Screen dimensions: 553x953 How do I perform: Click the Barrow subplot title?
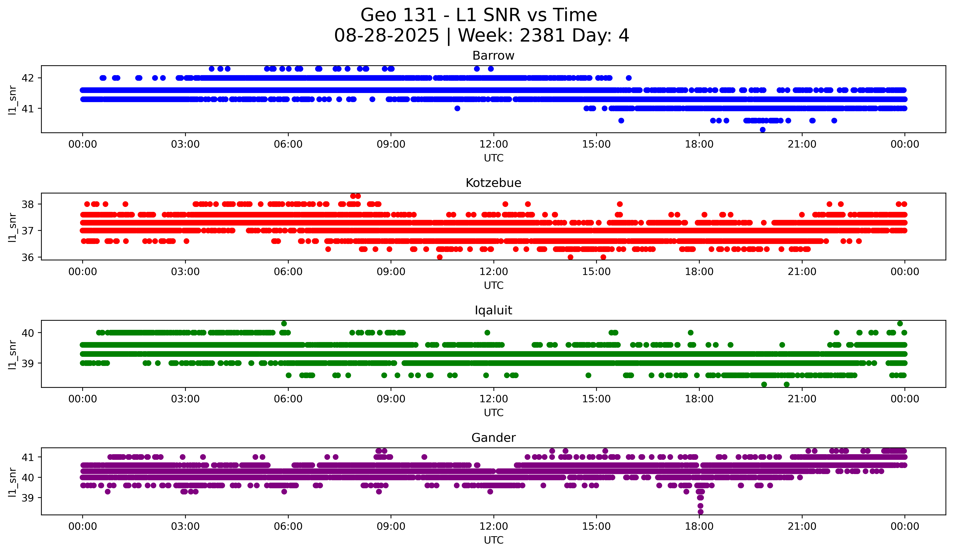pos(493,56)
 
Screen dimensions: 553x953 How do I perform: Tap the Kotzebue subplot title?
pos(493,183)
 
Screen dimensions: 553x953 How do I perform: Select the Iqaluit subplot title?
pos(493,310)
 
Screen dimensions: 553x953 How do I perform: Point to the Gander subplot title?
pos(493,438)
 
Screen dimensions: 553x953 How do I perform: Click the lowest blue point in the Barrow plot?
pos(762,130)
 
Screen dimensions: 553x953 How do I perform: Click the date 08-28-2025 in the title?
pos(386,36)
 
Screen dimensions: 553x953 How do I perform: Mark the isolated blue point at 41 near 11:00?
pos(457,108)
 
